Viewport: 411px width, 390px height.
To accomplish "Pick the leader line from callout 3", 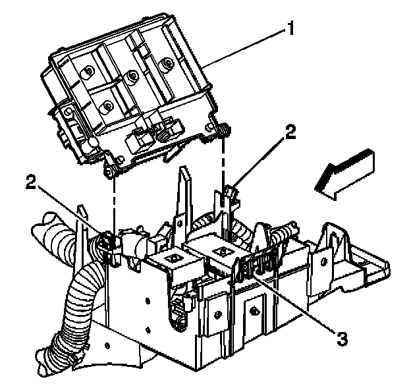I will click(x=300, y=302).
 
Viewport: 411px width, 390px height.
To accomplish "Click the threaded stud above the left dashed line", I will click(x=112, y=172).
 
